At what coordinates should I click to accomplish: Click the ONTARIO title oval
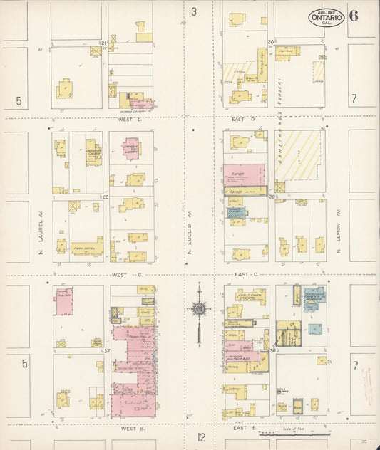(x=327, y=17)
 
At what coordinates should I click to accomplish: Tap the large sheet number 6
(x=354, y=16)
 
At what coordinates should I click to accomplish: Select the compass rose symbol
(x=200, y=308)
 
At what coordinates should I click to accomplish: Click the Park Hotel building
(x=86, y=248)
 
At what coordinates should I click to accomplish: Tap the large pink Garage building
(x=244, y=174)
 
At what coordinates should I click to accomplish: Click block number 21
(x=103, y=44)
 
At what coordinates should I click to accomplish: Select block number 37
(x=107, y=351)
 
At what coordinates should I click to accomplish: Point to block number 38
(x=272, y=350)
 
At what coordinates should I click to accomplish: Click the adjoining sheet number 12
(x=202, y=436)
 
